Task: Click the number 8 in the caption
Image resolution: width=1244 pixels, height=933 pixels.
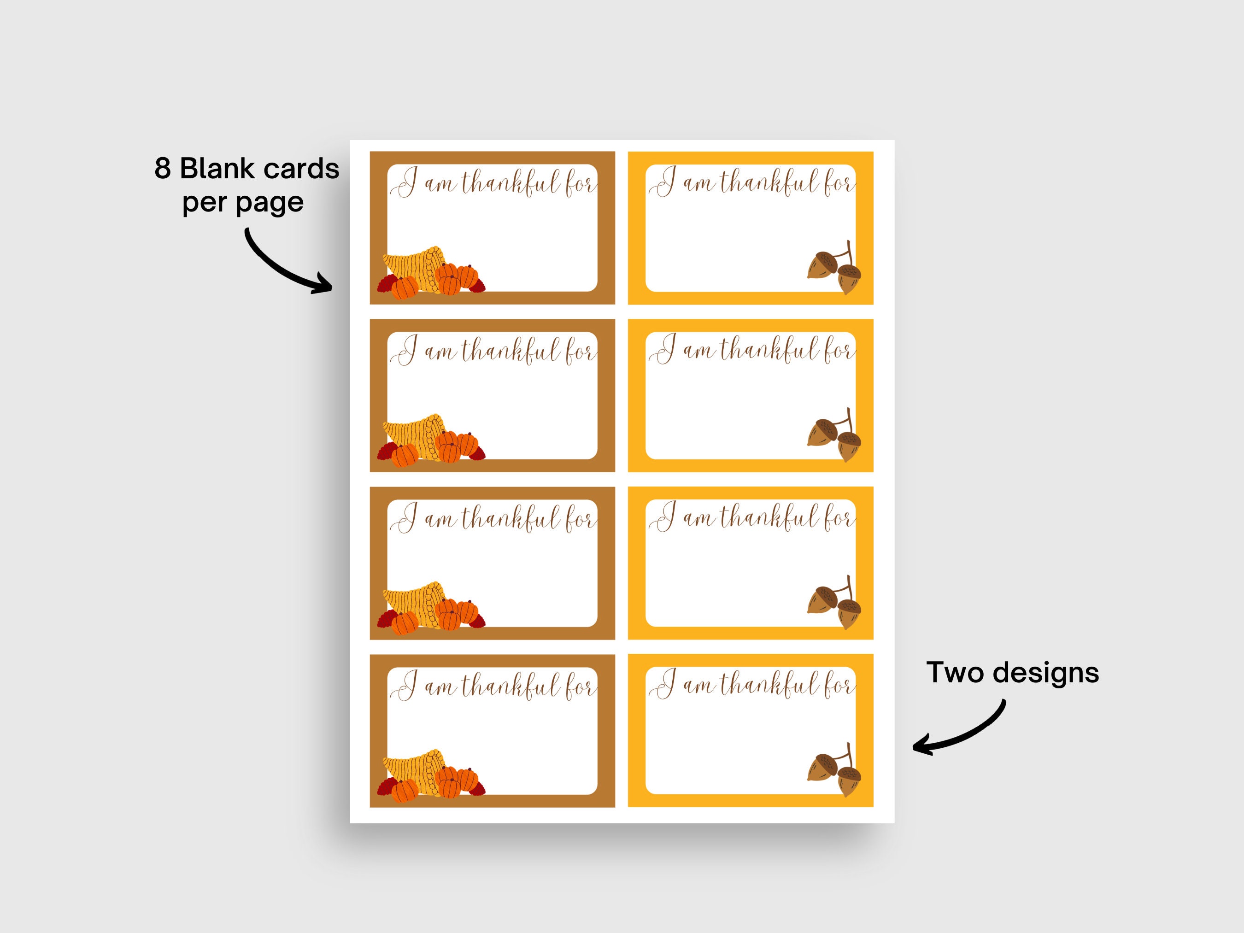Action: tap(163, 169)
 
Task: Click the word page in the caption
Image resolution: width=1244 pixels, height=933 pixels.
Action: tap(270, 204)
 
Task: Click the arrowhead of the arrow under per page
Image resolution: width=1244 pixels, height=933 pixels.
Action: tap(323, 283)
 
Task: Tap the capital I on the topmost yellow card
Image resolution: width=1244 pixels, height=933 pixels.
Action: tap(663, 182)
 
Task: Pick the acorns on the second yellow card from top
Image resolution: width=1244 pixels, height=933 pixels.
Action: tap(834, 435)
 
